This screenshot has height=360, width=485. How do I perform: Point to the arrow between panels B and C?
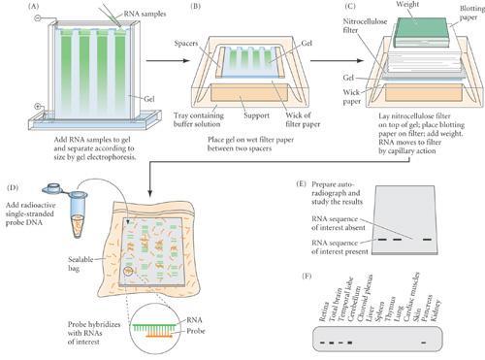click(x=318, y=69)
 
